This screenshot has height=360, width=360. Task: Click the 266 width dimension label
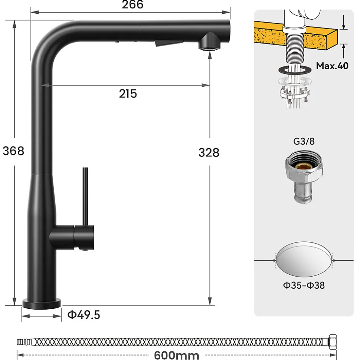pos(132,4)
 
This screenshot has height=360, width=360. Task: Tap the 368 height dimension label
pos(13,151)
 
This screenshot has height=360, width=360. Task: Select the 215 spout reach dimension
pos(128,94)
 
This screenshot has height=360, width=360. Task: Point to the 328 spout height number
pos(209,153)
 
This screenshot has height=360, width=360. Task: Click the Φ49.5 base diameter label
pos(84,315)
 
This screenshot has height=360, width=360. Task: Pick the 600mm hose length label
pos(177,355)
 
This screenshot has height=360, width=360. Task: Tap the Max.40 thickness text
pos(332,66)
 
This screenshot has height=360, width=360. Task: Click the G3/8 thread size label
pos(304,141)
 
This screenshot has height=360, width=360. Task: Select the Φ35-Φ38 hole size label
pos(304,285)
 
